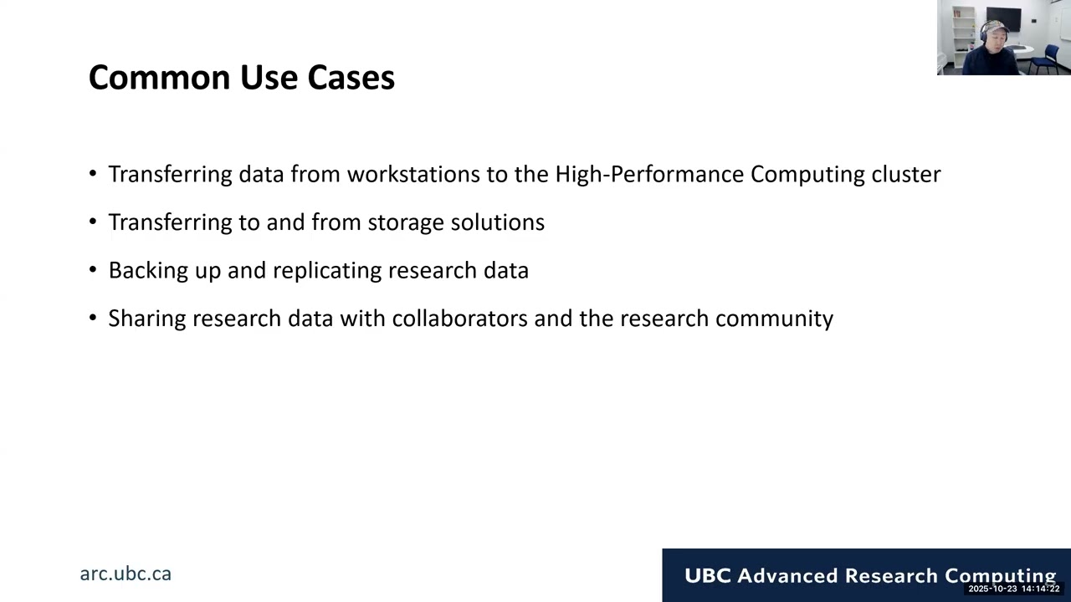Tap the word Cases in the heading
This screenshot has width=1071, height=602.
coord(351,78)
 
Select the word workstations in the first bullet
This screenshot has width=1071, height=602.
coord(413,174)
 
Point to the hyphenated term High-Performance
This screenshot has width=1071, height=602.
coord(649,175)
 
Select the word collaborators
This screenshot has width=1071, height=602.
coord(460,319)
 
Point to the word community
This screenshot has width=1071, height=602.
coord(775,319)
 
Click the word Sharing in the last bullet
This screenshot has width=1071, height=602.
coord(147,319)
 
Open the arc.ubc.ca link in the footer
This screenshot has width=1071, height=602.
coord(126,574)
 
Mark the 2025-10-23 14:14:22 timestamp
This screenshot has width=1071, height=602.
coord(1014,589)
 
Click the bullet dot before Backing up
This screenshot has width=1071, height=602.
coord(93,270)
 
